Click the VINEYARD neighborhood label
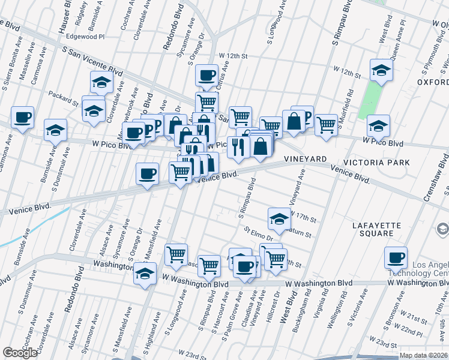[x=305, y=158]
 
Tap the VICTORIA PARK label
[x=376, y=163]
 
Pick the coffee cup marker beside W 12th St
[x=206, y=76]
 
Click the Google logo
[x=20, y=353]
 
